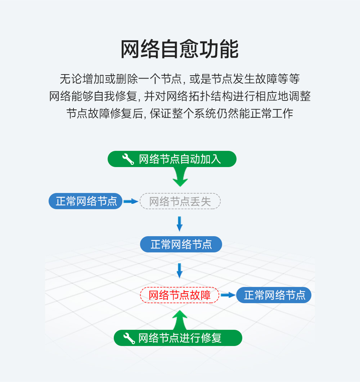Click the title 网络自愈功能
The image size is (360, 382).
[x=179, y=50]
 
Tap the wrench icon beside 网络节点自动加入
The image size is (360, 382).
[x=128, y=159]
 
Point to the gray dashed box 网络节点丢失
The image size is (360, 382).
[x=180, y=201]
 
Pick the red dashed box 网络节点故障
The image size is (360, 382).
[x=180, y=295]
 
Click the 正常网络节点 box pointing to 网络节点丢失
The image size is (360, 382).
[x=86, y=201]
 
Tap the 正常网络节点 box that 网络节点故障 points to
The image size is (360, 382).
[x=274, y=295]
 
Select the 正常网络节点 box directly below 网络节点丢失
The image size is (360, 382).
[x=181, y=244]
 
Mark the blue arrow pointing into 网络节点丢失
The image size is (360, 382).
[x=131, y=201]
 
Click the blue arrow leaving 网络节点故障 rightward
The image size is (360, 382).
[x=228, y=295]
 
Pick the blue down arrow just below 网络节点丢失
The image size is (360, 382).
[x=180, y=224]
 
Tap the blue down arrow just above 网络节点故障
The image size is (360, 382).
[x=180, y=270]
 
